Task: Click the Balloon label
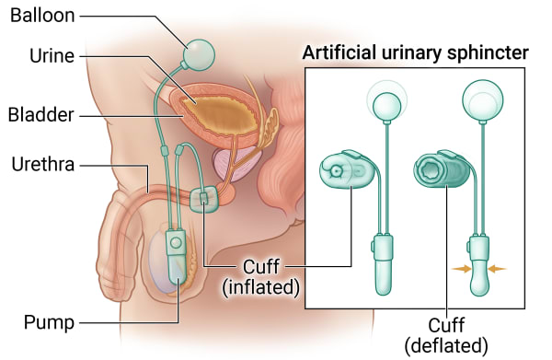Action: point(42,17)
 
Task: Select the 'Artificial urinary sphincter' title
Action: point(416,52)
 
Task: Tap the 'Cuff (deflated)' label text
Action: point(446,335)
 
